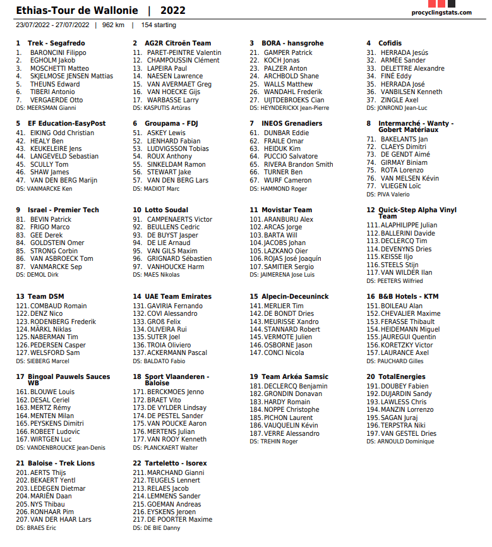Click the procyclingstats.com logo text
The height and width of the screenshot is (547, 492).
[441, 13]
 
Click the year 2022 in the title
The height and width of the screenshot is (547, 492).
[173, 10]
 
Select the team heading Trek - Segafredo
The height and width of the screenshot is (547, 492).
[56, 43]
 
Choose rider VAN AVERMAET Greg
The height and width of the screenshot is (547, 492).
[179, 84]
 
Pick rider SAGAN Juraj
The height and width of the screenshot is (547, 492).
[399, 418]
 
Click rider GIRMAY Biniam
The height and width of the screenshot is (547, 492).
[404, 162]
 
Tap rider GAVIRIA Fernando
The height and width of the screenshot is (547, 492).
[174, 306]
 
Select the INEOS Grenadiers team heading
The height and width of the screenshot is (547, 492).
[292, 123]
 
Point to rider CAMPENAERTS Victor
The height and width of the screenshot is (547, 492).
[179, 220]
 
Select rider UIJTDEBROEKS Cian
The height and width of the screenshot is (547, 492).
[294, 100]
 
